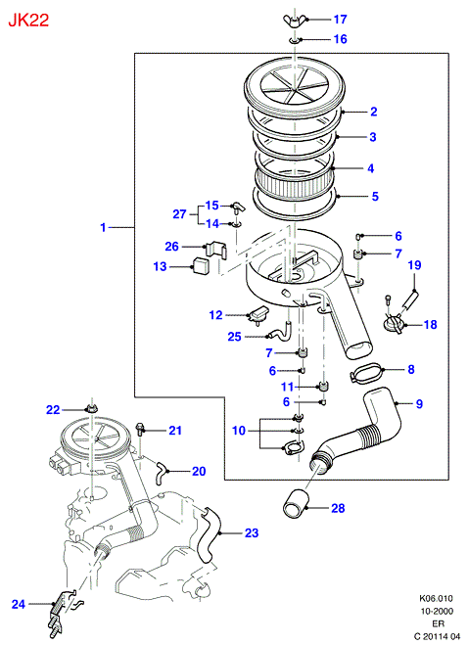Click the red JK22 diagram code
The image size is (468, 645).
pos(28,20)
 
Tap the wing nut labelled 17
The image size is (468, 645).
pos(294,21)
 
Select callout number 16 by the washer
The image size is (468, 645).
pos(340,39)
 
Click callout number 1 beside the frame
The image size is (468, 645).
pos(104,227)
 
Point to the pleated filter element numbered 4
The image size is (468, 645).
pos(294,182)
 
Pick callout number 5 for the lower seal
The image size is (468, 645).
pos(375,196)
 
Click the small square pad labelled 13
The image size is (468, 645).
pos(202,265)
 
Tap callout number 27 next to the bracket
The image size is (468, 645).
pos(179,214)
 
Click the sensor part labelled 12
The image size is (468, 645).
pos(257,315)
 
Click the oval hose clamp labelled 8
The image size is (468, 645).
pos(366,373)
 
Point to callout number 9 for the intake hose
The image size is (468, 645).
pos(419,404)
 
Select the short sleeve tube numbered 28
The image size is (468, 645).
pos(296,504)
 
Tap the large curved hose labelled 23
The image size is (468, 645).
pos(210,534)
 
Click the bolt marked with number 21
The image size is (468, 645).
pos(140,430)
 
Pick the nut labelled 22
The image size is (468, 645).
pos(90,409)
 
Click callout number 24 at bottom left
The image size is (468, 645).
pos(18,604)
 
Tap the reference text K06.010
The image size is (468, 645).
pos(436,598)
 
